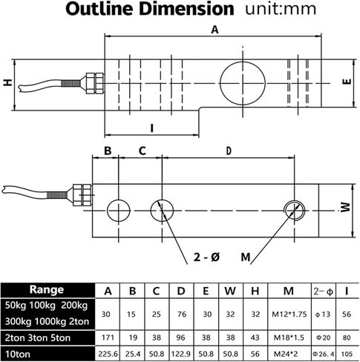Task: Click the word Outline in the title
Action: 99,9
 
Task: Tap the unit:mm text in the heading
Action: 281,9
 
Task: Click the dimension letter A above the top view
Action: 215,30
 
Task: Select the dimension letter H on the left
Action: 7,82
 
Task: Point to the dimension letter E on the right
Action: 347,82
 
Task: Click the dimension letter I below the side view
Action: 152,128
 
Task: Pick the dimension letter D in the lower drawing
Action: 229,151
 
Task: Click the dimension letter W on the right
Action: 347,207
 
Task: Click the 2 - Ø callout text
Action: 206,257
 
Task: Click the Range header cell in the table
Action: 47,290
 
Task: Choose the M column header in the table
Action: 289,291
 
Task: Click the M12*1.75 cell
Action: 289,315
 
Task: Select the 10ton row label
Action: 18,354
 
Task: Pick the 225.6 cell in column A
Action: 108,354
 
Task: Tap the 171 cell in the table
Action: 108,338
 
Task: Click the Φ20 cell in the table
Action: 323,338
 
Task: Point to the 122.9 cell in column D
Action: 181,354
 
